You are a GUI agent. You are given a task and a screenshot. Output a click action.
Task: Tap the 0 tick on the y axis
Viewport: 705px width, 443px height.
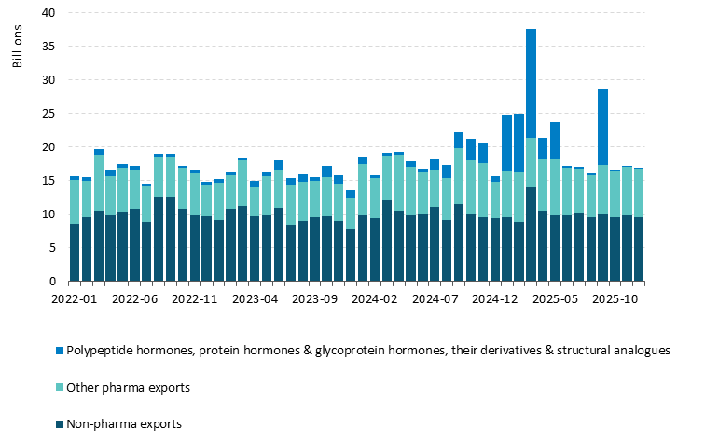tap(52, 282)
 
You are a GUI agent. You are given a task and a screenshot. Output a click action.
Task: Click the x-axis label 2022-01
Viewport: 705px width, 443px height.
tap(76, 301)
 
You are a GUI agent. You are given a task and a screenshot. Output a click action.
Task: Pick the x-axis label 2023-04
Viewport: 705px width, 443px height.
tap(255, 301)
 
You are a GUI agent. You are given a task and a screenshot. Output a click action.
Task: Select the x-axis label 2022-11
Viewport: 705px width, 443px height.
tap(195, 301)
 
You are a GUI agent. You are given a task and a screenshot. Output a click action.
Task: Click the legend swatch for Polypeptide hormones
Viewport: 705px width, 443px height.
tap(58, 351)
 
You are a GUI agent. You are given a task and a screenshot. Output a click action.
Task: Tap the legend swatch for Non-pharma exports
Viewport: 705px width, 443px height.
tap(58, 424)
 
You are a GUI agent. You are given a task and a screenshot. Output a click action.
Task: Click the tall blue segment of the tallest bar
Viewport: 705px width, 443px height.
tap(531, 84)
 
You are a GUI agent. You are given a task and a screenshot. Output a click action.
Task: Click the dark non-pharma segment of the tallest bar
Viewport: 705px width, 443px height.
tap(531, 234)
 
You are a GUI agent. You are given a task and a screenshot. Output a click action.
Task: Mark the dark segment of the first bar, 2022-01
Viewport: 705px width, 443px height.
tap(75, 253)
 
